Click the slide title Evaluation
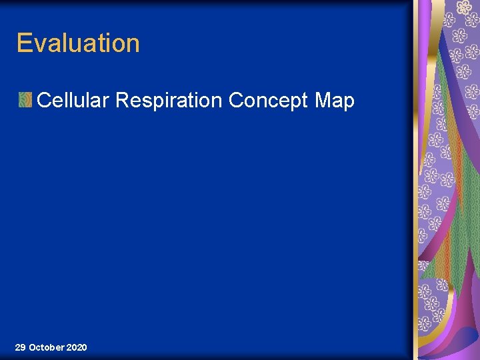pyautogui.click(x=78, y=43)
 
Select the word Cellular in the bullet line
pyautogui.click(x=74, y=101)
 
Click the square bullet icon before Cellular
pyautogui.click(x=25, y=101)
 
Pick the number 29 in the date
pyautogui.click(x=20, y=347)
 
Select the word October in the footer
pyautogui.click(x=47, y=347)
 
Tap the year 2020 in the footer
pyautogui.click(x=77, y=347)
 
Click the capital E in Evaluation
pyautogui.click(x=24, y=43)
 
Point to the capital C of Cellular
pyautogui.click(x=45, y=101)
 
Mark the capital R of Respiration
pyautogui.click(x=123, y=101)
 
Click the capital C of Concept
pyautogui.click(x=236, y=101)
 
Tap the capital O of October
pyautogui.click(x=33, y=347)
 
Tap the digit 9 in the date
pyautogui.click(x=23, y=347)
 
